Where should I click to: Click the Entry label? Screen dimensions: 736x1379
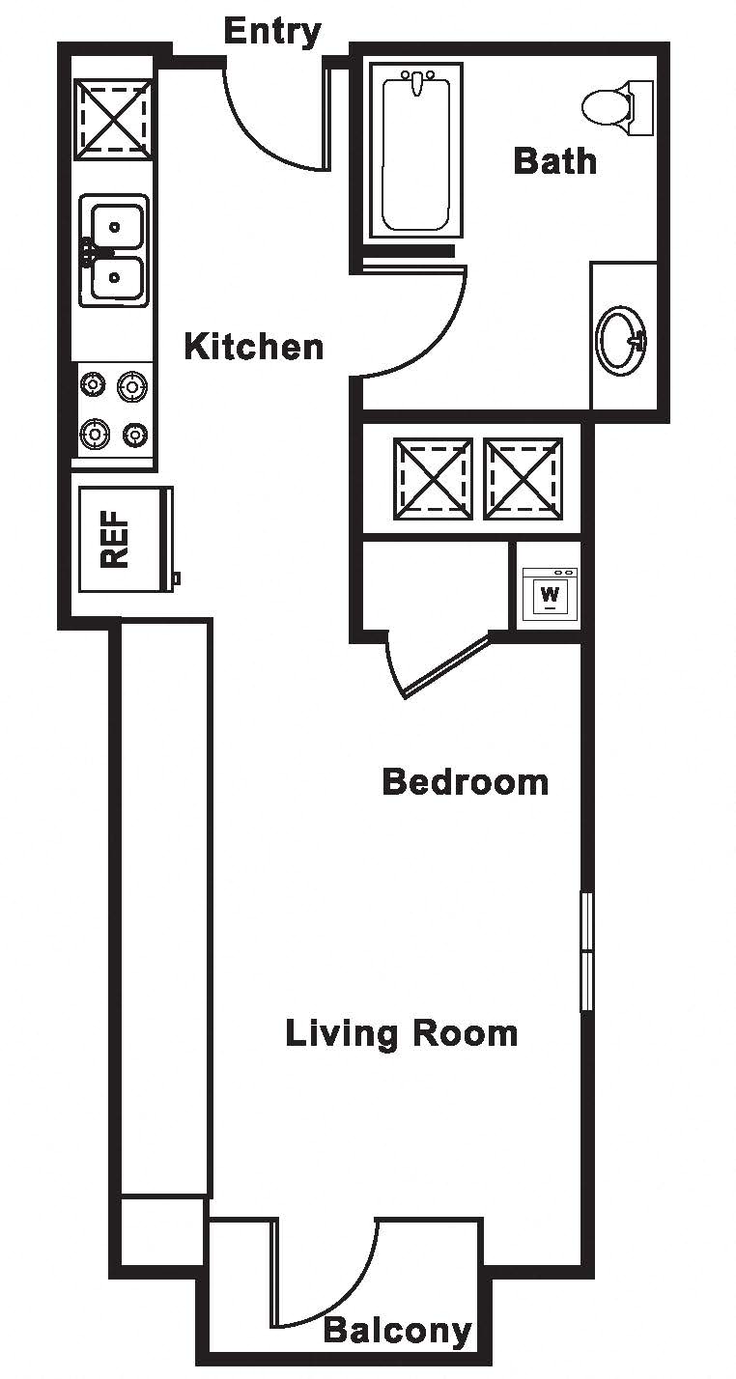272,32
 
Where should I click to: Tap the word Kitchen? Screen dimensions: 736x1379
254,347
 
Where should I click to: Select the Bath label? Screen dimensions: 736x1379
555,160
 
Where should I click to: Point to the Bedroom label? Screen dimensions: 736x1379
465,782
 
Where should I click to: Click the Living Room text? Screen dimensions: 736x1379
402,1033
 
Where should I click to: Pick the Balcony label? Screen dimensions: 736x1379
398,1331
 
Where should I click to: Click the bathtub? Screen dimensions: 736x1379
415,151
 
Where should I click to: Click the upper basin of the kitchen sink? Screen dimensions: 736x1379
117,226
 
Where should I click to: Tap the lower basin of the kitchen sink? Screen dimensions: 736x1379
117,277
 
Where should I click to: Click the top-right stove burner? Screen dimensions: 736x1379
131,386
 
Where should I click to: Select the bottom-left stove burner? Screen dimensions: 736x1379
95,434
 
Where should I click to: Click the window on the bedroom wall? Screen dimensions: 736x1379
587,951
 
